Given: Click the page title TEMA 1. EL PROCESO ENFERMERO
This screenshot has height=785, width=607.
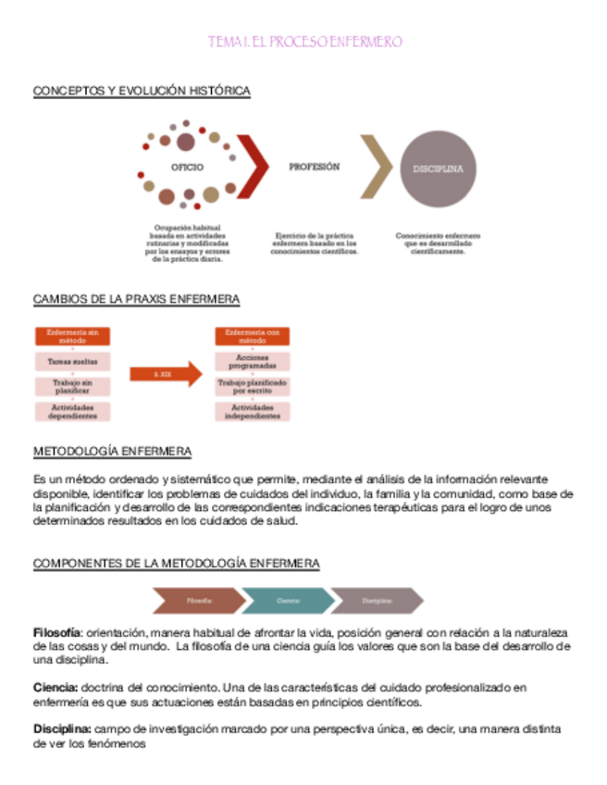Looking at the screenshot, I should (304, 43).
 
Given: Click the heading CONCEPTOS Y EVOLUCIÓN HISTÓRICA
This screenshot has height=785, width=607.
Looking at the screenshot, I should (142, 91).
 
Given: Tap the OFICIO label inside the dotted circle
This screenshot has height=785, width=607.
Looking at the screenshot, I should (187, 167).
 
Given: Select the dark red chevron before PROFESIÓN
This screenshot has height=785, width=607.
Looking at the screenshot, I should (256, 167).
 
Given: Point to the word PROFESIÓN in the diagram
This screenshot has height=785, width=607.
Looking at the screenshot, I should (314, 168).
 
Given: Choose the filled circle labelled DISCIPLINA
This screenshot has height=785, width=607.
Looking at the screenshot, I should (438, 169).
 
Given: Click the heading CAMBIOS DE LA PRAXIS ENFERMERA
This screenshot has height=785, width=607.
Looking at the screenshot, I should (136, 299).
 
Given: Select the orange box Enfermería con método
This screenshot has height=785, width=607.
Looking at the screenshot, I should (253, 336).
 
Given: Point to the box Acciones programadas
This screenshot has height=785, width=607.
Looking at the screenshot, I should (253, 362).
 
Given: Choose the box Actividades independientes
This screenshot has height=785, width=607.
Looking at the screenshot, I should (253, 412).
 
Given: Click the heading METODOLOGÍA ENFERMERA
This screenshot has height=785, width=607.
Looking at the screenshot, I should (112, 452).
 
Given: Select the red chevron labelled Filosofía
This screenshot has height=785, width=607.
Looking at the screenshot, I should (200, 601).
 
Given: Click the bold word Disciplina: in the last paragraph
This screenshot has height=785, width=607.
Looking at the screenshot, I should (62, 729).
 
